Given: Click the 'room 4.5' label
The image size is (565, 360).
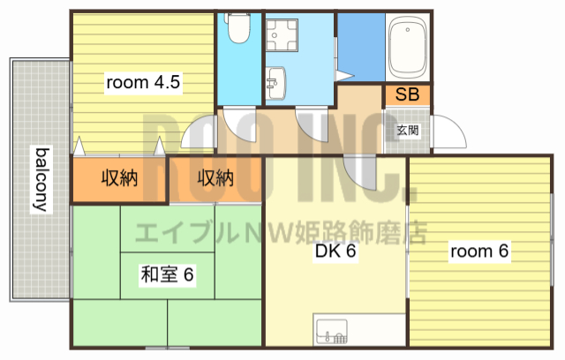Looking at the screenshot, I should (143, 83).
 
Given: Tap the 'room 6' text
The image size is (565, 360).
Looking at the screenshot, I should (479, 251).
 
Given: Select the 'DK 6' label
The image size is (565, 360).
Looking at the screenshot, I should (335, 251).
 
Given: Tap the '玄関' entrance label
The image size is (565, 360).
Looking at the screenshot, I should (407, 130).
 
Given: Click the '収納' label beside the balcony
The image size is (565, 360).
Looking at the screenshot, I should (119, 178).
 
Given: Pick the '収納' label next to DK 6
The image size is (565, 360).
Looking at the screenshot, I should (215, 178).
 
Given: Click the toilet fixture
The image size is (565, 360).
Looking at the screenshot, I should (237, 29).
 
